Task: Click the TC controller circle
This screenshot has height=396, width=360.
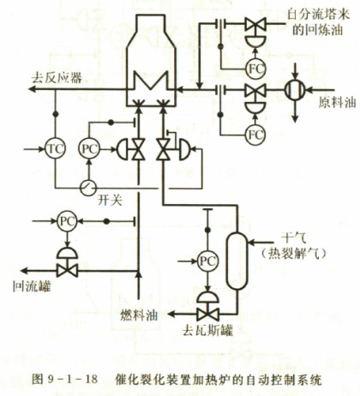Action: (x=55, y=149)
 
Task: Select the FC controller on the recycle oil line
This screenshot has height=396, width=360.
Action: (x=255, y=69)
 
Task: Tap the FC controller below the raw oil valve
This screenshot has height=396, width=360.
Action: (x=255, y=134)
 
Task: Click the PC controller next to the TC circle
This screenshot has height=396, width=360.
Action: (x=89, y=149)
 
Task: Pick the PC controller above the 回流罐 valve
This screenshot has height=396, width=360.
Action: (x=67, y=221)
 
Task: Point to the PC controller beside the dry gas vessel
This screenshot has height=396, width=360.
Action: (x=207, y=261)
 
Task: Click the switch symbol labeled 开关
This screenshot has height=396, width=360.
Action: (x=87, y=188)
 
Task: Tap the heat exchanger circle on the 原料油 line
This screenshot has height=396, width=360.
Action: (x=295, y=90)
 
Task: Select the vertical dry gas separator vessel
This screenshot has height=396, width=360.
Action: (x=237, y=261)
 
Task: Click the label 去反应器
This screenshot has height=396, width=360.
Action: (x=57, y=77)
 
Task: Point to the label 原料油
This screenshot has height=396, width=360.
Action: (x=337, y=102)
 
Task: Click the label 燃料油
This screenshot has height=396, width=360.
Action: (x=139, y=315)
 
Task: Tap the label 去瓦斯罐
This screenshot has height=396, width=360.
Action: (x=207, y=331)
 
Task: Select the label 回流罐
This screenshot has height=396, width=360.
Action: (x=32, y=286)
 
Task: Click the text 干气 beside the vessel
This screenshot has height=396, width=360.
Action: (x=294, y=237)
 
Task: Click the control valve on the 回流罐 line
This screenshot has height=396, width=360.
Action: (x=67, y=263)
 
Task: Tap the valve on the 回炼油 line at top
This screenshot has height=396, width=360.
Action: (x=255, y=24)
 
